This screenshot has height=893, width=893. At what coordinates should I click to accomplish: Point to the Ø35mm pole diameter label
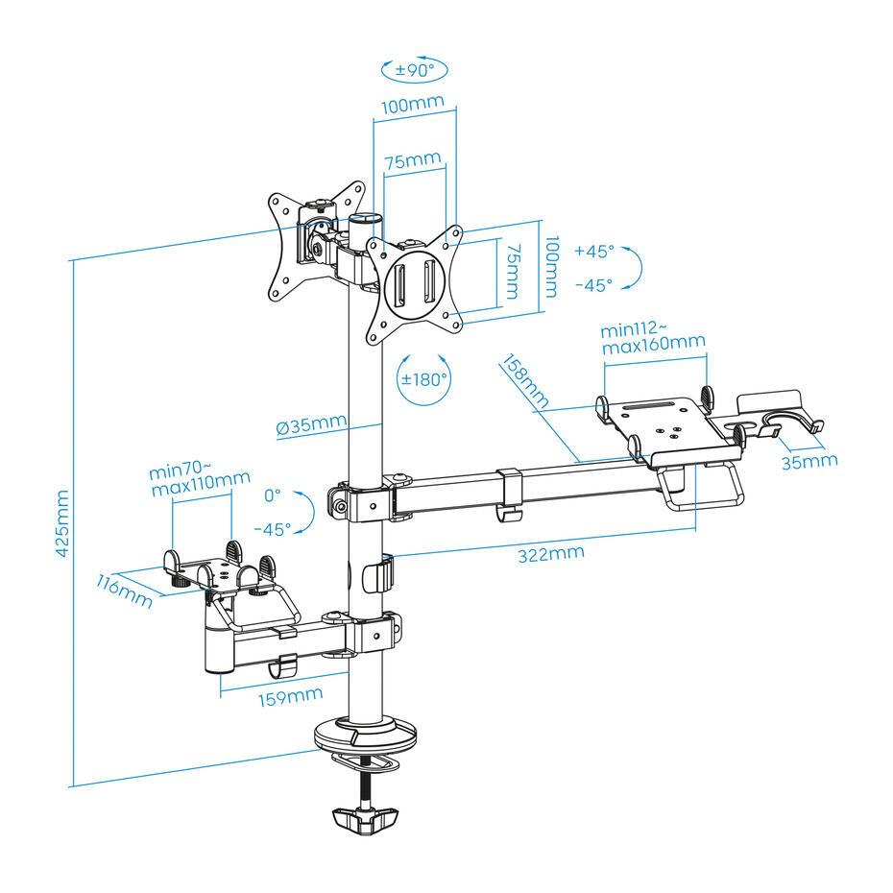tap(311, 424)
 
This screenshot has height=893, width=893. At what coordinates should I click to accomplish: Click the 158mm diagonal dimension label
tap(523, 382)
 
